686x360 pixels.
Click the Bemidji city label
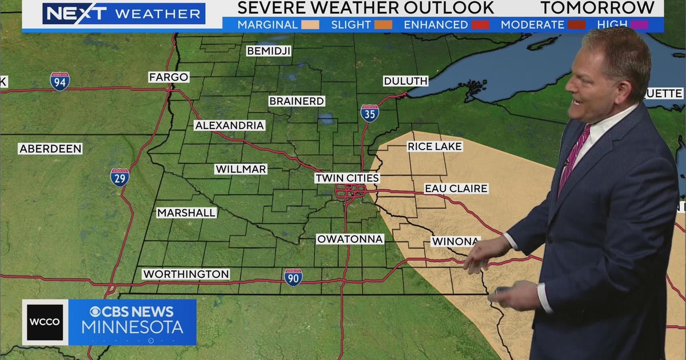click(269, 51)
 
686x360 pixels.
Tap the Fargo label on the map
click(169, 77)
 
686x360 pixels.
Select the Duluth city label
click(405, 81)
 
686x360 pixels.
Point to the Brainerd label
click(297, 101)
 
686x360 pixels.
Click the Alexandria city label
click(229, 125)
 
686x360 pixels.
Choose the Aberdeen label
click(50, 149)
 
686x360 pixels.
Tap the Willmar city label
click(241, 169)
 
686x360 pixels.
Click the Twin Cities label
click(347, 178)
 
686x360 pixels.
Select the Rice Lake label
click(434, 146)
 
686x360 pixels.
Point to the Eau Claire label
click(456, 189)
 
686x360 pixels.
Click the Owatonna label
click(350, 239)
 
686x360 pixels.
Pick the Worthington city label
click(186, 274)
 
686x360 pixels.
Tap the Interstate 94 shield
click(59, 82)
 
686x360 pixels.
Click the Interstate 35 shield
click(370, 113)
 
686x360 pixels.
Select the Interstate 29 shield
click(119, 177)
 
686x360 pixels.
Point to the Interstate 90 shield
click(293, 277)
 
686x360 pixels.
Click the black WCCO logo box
click(45, 322)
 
